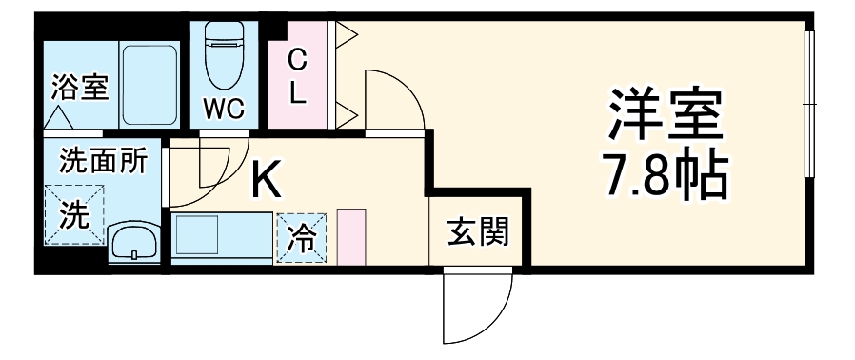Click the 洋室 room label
tap(666, 114)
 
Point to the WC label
tap(224, 108)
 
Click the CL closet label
tap(298, 78)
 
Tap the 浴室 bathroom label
tap(80, 89)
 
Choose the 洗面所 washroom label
tap(104, 161)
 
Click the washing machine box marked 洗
tap(72, 214)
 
